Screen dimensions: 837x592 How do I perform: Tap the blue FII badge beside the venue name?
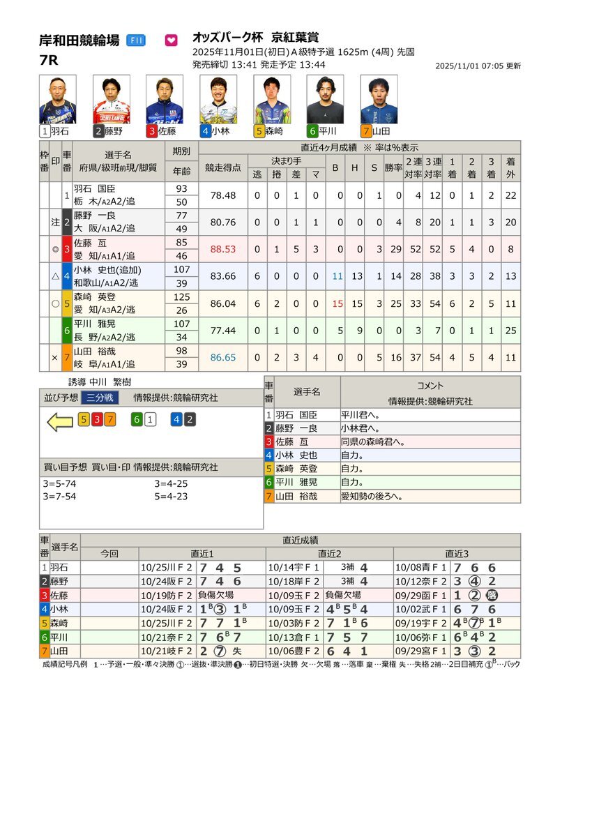(135, 40)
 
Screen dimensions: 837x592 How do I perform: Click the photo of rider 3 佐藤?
(165, 99)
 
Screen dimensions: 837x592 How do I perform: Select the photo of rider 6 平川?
(325, 99)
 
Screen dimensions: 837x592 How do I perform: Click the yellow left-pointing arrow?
(59, 420)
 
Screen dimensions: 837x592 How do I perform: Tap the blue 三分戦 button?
(100, 398)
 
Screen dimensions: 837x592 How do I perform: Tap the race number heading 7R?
(49, 60)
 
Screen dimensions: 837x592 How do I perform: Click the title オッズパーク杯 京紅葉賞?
(255, 38)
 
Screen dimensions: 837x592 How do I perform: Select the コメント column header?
(430, 385)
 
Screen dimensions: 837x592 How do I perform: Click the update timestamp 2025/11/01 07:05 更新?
(478, 66)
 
